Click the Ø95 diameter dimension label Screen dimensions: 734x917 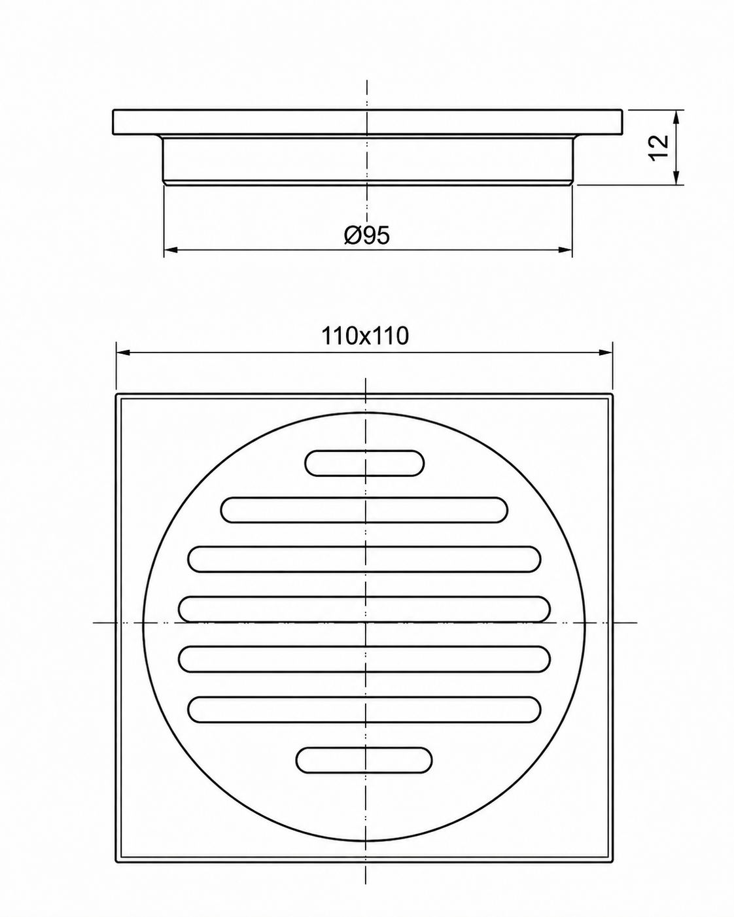(x=367, y=235)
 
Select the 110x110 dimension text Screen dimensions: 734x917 (x=365, y=336)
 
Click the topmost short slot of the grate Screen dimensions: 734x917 (x=364, y=463)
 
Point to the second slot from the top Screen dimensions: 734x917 (x=364, y=510)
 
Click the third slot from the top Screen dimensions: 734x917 (x=364, y=559)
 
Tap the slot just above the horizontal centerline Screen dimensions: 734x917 (x=364, y=609)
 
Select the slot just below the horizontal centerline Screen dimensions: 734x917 (x=364, y=659)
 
